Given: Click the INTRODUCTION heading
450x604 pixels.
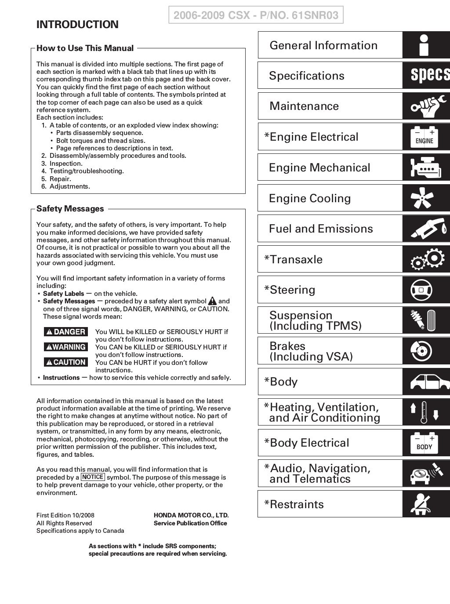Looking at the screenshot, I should point(77,25).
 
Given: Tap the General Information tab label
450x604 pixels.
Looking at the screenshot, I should point(323,45).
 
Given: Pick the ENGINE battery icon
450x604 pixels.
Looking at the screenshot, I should point(424,137).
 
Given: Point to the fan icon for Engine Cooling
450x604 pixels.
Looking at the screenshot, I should point(424,198).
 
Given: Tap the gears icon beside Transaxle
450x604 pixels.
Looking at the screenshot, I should point(425,259).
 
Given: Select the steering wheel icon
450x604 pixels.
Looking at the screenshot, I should point(421,290).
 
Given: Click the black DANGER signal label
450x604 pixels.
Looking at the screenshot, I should point(66,332).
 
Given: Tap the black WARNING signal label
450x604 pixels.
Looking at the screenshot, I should point(66,347).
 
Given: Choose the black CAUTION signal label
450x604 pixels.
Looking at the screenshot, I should point(66,362).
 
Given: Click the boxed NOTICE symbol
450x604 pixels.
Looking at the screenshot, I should point(93,477).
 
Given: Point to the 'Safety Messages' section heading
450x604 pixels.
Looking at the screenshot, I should point(70,209).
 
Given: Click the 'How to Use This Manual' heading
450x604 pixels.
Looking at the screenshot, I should point(85,48).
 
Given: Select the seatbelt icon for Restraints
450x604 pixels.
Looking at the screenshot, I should point(421,504).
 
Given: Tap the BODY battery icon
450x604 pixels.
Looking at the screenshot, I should point(424,443).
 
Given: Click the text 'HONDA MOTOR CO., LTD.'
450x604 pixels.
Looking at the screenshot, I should point(191,515).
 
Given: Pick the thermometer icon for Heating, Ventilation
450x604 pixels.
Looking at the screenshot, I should point(424,412).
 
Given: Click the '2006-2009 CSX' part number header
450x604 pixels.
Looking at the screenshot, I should point(256,15).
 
